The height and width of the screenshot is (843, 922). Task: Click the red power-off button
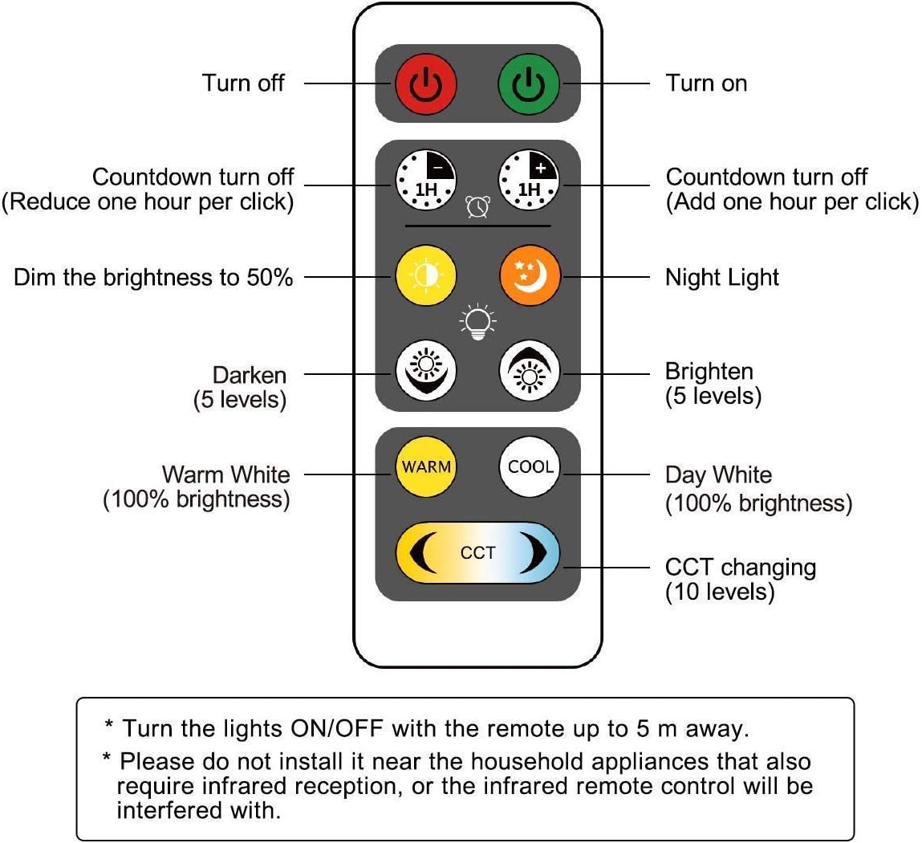click(426, 84)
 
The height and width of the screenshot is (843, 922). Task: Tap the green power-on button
click(529, 84)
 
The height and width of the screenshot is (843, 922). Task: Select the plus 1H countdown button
click(529, 180)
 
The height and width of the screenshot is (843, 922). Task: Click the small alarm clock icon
click(477, 206)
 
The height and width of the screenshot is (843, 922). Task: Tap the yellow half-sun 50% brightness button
click(426, 275)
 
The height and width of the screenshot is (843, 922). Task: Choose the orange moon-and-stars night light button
click(530, 275)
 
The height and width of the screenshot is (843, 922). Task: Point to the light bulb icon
click(477, 321)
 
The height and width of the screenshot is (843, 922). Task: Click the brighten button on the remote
click(530, 372)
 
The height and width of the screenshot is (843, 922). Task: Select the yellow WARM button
click(426, 467)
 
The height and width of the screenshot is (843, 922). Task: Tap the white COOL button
click(530, 467)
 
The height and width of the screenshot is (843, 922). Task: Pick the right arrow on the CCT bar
click(534, 552)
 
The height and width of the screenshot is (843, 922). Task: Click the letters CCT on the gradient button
click(477, 553)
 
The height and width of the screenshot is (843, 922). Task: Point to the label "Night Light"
click(721, 278)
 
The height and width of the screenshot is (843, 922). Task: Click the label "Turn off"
click(243, 83)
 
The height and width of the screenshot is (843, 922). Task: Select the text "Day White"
click(718, 475)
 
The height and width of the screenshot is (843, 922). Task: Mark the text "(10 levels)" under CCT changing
click(720, 592)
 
